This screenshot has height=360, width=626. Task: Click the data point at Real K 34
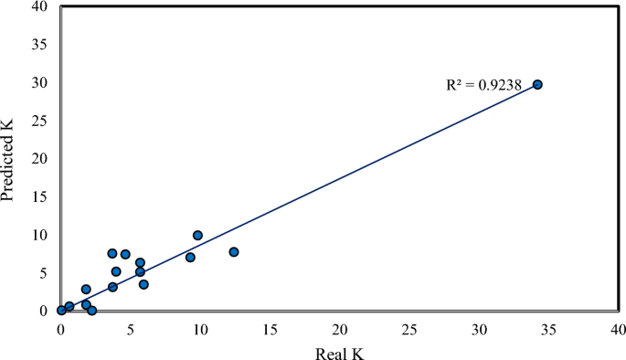pyautogui.click(x=537, y=84)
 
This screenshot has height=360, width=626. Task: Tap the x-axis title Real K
pyautogui.click(x=339, y=350)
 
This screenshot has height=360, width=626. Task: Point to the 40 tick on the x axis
pyautogui.click(x=618, y=327)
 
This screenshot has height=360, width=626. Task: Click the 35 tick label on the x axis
pyautogui.click(x=548, y=327)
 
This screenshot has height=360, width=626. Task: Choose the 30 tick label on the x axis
pyautogui.click(x=479, y=327)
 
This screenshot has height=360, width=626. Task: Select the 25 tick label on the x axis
pyautogui.click(x=409, y=327)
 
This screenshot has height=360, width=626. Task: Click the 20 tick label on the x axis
pyautogui.click(x=340, y=327)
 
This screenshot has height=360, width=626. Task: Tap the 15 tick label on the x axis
pyautogui.click(x=270, y=327)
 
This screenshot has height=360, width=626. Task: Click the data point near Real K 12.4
pyautogui.click(x=234, y=252)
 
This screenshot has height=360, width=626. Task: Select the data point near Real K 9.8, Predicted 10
pyautogui.click(x=197, y=235)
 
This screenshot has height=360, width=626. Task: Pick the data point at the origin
pyautogui.click(x=61, y=311)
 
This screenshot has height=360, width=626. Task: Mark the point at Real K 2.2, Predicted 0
pyautogui.click(x=91, y=311)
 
